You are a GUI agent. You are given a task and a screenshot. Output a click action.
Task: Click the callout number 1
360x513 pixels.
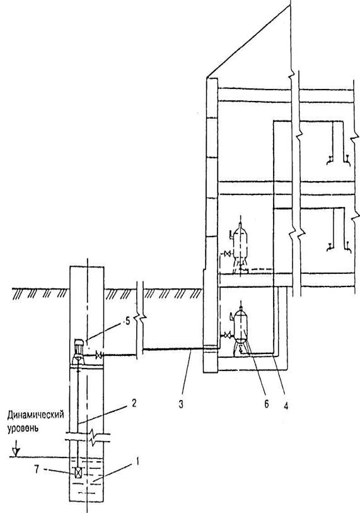tap(137, 462)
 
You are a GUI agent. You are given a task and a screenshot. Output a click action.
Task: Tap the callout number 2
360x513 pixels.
tap(134, 403)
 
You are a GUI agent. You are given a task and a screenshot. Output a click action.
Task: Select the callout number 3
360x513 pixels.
tap(181, 404)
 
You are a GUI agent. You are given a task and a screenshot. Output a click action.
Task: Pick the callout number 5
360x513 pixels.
tap(127, 321)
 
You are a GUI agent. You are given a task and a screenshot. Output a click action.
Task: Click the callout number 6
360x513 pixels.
tap(267, 404)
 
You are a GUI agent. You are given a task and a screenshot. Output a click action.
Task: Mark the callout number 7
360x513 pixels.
tap(37, 469)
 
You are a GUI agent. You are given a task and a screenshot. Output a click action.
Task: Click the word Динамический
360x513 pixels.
tap(36, 415)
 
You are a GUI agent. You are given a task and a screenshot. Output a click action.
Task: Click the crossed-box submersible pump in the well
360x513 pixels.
tap(78, 473)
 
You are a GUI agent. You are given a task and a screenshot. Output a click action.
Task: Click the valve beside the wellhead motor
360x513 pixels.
tap(99, 355)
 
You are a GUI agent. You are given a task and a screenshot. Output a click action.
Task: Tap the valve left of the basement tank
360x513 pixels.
tap(227, 336)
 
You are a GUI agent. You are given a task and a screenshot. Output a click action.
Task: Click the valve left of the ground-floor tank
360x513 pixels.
tap(228, 254)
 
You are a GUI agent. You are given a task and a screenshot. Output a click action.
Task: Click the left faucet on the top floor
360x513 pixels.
tap(330, 160)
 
